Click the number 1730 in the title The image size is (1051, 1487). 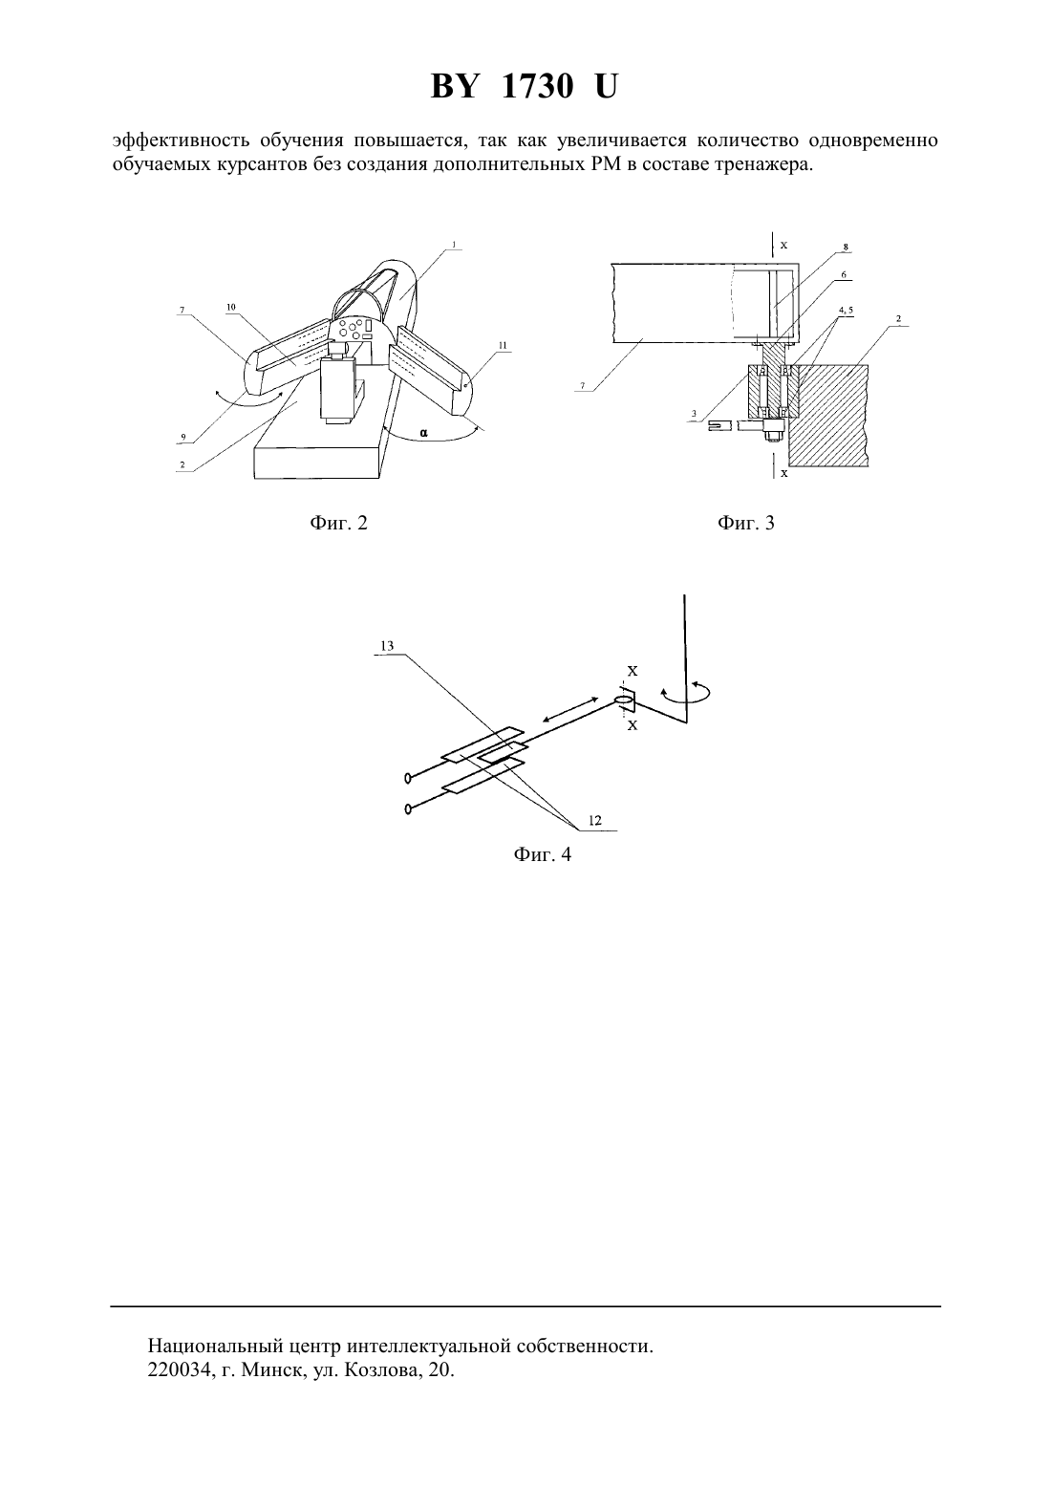(x=537, y=87)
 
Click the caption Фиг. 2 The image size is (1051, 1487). (x=338, y=523)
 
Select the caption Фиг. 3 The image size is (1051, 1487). (x=746, y=523)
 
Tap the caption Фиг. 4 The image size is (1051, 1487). (x=542, y=854)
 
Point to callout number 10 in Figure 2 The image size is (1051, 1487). (x=230, y=308)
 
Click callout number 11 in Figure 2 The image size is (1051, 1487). (x=503, y=345)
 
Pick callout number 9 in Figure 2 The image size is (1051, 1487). (x=183, y=438)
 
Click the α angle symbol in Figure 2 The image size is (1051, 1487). (x=424, y=433)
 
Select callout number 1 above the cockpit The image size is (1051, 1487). (x=454, y=245)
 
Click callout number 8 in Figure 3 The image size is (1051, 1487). (x=846, y=248)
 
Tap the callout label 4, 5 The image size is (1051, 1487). (x=846, y=310)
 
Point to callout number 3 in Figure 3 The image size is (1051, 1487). (x=694, y=414)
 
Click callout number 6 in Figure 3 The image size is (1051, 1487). (x=843, y=274)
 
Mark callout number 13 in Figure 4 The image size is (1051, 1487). (x=388, y=646)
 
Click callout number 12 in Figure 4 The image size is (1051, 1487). (x=594, y=821)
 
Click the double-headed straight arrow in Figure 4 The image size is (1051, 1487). (x=571, y=710)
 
